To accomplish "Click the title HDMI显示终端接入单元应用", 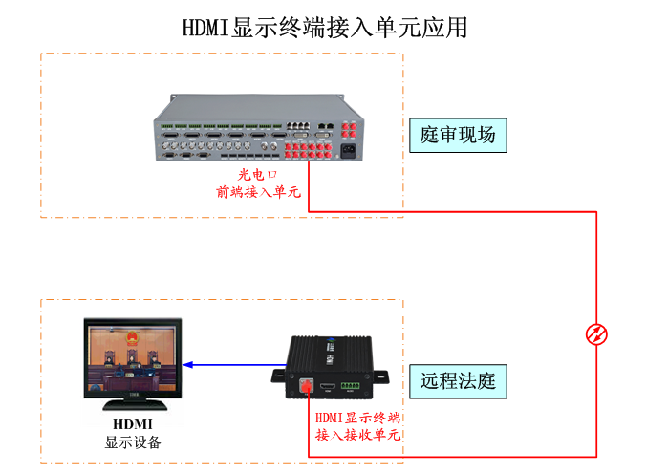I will [x=325, y=27].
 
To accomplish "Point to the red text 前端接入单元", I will [x=258, y=192].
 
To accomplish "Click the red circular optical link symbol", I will [x=596, y=333].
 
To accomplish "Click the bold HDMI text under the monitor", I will [x=133, y=424].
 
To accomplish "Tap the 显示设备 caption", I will [x=133, y=442].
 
